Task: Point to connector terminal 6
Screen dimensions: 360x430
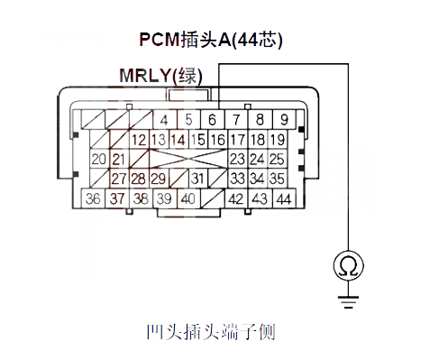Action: tap(212, 119)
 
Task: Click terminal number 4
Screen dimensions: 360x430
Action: tap(164, 119)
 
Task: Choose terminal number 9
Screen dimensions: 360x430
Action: tap(283, 119)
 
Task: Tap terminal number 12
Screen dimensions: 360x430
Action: tap(139, 140)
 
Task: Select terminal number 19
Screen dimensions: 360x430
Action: tap(277, 140)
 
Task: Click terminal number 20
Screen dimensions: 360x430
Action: tap(99, 159)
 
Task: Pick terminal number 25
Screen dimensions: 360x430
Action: tap(277, 159)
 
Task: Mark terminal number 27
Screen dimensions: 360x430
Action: tap(119, 178)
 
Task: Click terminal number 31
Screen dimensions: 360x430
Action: tap(198, 178)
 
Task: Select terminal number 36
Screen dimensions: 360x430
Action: tap(92, 198)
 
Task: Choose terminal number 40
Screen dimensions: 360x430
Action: tap(188, 198)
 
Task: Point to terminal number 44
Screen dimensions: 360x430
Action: tap(283, 198)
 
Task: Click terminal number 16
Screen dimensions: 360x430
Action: tap(217, 140)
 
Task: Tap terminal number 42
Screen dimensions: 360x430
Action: tap(236, 198)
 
